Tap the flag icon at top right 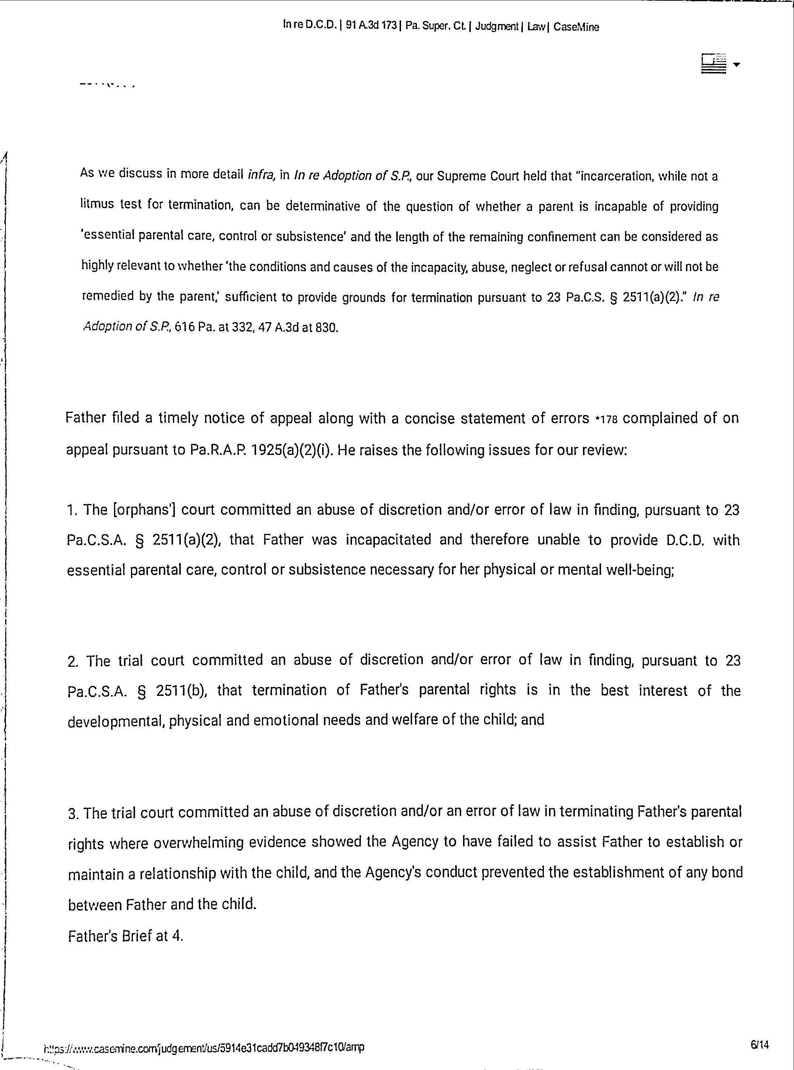pos(714,63)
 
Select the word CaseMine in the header pos(576,27)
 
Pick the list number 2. pos(73,662)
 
